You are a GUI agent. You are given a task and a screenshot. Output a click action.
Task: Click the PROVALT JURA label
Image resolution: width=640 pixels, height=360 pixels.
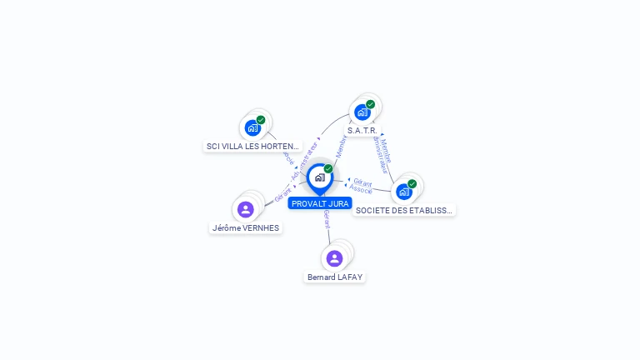click(320, 203)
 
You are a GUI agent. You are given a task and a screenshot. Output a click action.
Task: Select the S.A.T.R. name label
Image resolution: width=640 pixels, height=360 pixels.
click(362, 131)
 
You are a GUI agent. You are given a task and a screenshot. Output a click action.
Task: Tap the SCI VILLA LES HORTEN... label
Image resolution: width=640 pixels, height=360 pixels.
click(252, 146)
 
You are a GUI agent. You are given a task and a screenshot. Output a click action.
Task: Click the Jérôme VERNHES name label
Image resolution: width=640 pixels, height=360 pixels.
click(246, 227)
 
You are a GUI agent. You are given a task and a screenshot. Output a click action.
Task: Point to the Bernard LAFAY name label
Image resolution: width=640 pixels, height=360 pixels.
click(335, 277)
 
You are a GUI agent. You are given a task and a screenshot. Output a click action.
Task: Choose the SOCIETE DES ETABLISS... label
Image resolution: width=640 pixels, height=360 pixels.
click(404, 211)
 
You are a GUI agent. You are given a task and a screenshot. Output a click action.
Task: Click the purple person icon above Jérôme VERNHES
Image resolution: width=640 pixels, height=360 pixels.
click(245, 209)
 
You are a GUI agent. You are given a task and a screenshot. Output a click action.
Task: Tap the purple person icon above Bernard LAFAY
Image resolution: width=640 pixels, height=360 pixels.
click(334, 258)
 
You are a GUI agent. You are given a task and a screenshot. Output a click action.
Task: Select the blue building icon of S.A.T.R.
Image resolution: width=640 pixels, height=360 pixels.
click(361, 112)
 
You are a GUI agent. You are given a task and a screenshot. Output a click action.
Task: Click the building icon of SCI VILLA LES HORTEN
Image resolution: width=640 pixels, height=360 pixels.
click(252, 128)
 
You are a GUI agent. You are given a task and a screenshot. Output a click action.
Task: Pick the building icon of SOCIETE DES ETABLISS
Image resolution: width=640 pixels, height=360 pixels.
click(404, 192)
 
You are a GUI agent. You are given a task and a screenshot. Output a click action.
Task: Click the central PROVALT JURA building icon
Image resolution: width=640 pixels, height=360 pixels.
click(319, 177)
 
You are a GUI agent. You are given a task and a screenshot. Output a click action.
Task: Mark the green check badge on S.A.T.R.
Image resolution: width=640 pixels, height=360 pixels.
click(370, 105)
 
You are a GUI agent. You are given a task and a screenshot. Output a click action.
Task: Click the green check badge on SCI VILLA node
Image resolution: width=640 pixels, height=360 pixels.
click(261, 120)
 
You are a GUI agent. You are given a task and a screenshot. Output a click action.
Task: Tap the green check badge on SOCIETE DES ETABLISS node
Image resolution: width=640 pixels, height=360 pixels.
click(412, 184)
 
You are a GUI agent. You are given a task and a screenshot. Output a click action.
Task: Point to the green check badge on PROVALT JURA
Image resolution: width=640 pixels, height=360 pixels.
click(328, 169)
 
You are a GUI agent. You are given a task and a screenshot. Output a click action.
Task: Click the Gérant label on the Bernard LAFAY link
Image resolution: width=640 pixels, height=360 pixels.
click(327, 219)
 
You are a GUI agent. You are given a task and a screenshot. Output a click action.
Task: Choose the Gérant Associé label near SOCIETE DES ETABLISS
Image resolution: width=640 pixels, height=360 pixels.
click(362, 185)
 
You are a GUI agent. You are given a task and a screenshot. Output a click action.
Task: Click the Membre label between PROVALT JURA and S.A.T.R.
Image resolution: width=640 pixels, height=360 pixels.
click(341, 147)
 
